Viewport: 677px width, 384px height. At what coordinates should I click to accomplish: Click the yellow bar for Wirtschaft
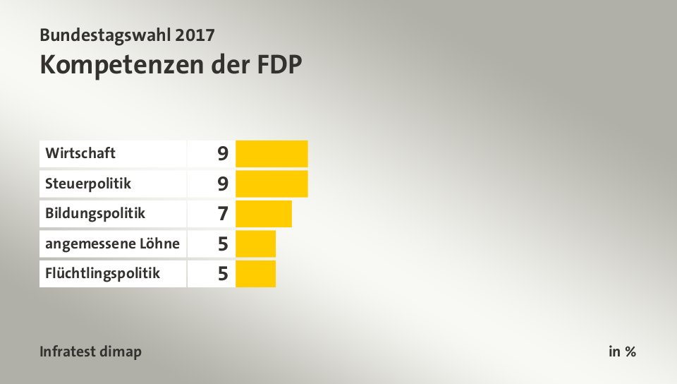coord(272,153)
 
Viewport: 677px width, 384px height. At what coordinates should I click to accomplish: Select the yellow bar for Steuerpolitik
coord(272,184)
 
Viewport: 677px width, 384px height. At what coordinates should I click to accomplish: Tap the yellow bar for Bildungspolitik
coord(263,214)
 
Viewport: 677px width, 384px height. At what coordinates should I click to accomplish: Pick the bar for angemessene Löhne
coord(255,244)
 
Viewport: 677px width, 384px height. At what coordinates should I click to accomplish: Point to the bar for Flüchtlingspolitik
coord(255,274)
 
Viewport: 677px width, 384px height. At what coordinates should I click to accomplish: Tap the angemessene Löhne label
coord(112,244)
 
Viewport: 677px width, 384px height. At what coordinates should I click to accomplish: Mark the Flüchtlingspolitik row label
coord(102,274)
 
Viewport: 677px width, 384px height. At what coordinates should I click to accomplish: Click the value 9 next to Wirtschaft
coord(223,153)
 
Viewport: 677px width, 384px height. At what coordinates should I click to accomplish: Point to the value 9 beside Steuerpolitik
coord(223,184)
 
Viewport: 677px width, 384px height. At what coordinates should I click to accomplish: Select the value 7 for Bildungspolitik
coord(223,214)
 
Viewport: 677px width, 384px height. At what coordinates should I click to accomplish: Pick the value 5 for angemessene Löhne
coord(223,244)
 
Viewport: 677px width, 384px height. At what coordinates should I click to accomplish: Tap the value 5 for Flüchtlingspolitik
coord(223,274)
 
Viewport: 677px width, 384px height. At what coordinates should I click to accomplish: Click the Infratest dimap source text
coord(90,352)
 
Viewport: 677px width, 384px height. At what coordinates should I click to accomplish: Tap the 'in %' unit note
coord(622,352)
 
